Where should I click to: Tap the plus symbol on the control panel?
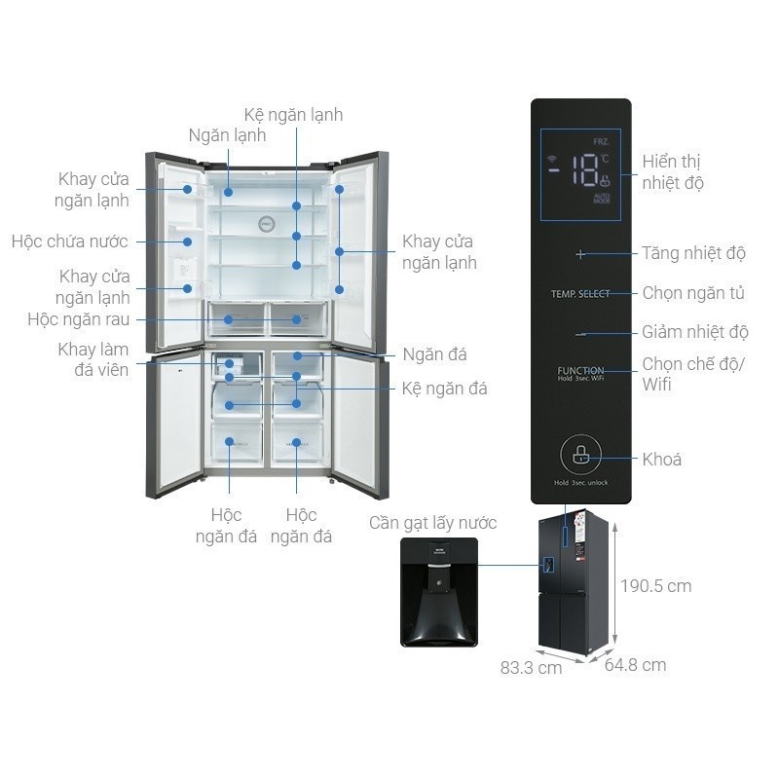581,254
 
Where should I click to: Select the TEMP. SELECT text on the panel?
580,293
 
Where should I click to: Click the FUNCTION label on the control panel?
580,371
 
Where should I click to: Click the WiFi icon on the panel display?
553,158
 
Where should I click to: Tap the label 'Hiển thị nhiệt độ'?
672,172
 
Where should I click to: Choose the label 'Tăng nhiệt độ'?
693,254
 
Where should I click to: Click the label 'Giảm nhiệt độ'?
694,332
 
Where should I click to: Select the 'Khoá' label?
662,460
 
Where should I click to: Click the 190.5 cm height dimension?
656,585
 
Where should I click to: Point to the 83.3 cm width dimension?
531,669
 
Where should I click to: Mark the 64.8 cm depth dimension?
635,665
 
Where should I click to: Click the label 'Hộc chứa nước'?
70,241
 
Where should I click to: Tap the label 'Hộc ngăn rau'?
79,318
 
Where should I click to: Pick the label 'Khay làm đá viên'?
93,359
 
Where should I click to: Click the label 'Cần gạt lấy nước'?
432,523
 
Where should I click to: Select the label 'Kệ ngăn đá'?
444,389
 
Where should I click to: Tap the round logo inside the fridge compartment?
265,223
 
